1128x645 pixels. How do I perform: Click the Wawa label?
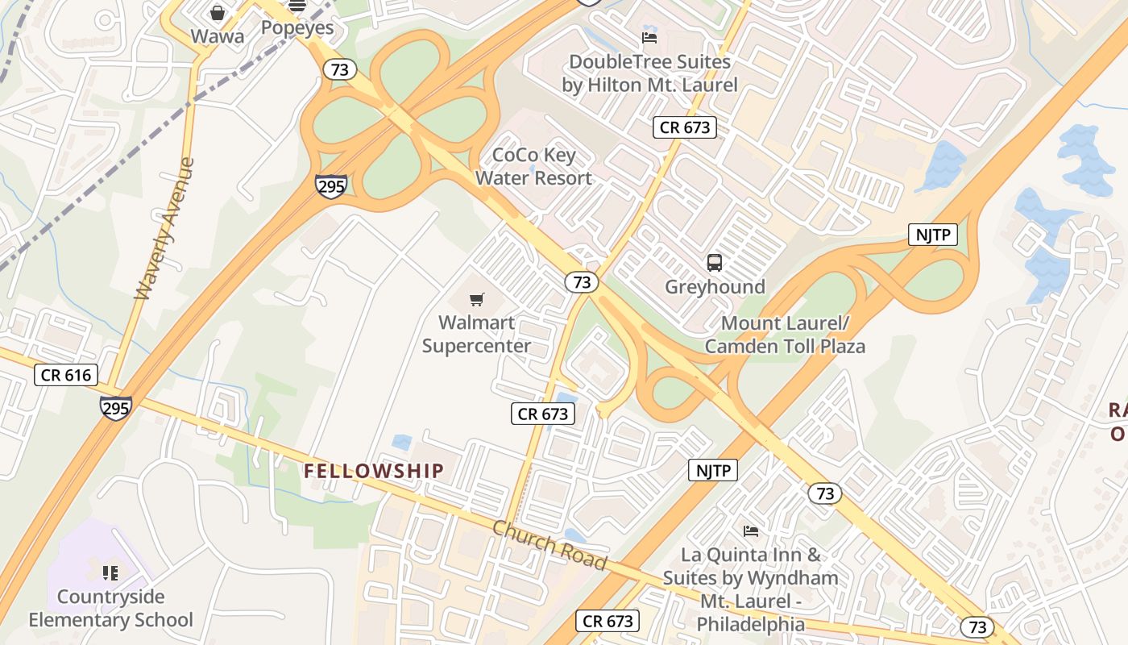pyautogui.click(x=217, y=36)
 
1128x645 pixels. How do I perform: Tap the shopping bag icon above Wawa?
pyautogui.click(x=218, y=13)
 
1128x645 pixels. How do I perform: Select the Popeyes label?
pyautogui.click(x=297, y=27)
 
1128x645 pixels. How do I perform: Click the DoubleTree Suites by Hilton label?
pyautogui.click(x=649, y=73)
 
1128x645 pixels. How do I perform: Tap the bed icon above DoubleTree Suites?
pyautogui.click(x=649, y=37)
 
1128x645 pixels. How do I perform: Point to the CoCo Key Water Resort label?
pyautogui.click(x=533, y=166)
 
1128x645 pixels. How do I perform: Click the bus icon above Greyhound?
pyautogui.click(x=715, y=262)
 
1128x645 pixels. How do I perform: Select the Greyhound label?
pyautogui.click(x=715, y=287)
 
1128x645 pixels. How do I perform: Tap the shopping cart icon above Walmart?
pyautogui.click(x=477, y=300)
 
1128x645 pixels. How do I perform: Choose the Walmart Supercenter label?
pyautogui.click(x=477, y=335)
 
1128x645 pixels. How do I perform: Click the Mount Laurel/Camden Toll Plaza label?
pyautogui.click(x=785, y=335)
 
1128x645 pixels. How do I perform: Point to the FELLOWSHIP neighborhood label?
pyautogui.click(x=374, y=471)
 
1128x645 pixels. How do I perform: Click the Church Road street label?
pyautogui.click(x=549, y=545)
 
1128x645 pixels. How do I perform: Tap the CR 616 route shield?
pyautogui.click(x=66, y=375)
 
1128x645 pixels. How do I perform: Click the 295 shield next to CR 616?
pyautogui.click(x=116, y=407)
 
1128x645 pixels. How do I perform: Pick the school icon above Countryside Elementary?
pyautogui.click(x=110, y=573)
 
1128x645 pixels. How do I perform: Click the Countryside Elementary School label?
pyautogui.click(x=111, y=609)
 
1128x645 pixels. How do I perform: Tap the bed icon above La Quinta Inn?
pyautogui.click(x=751, y=531)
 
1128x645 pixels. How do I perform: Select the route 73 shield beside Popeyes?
pyautogui.click(x=340, y=69)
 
